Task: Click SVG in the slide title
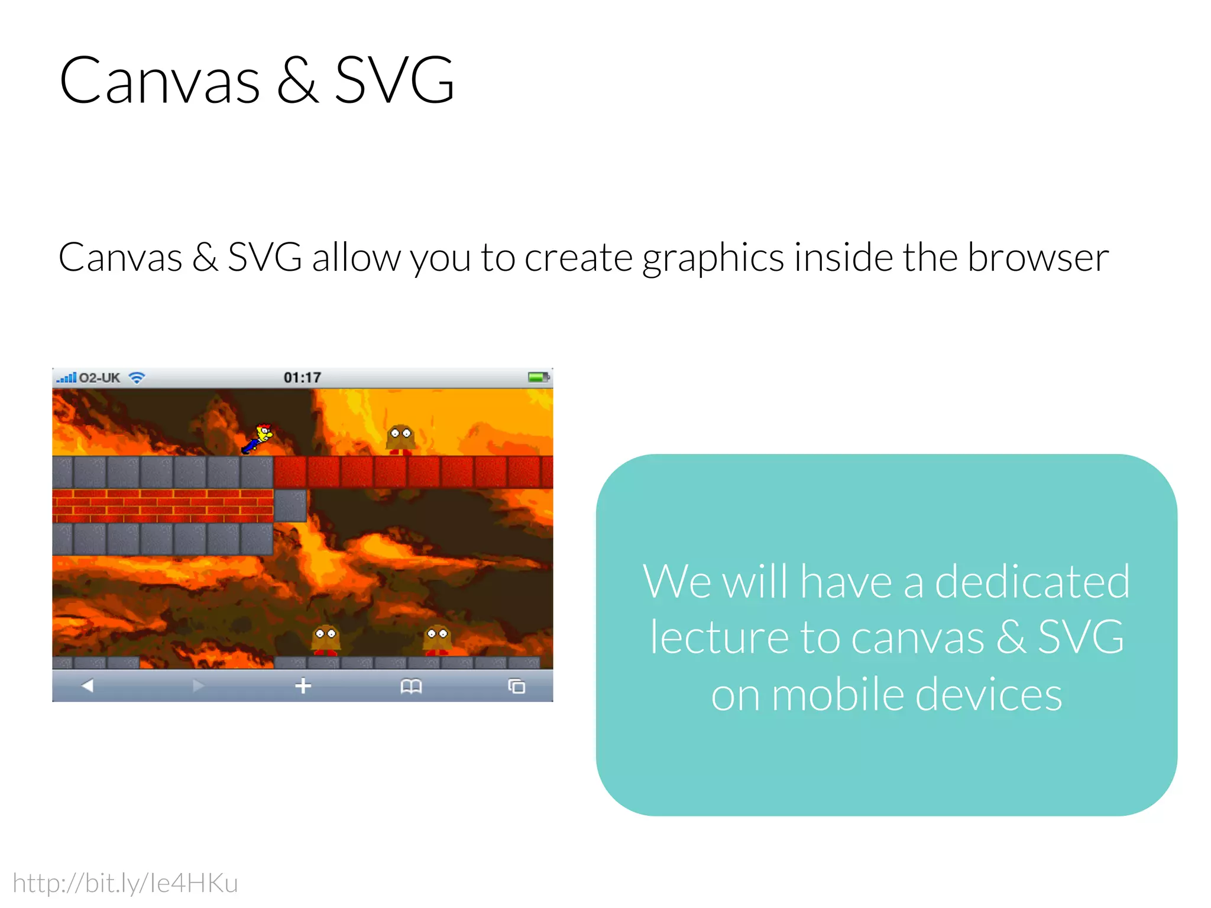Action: coord(394,81)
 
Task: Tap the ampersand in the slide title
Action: coord(297,81)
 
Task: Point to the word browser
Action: coord(1038,258)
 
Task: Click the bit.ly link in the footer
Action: coord(125,883)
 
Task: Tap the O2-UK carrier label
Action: coord(99,378)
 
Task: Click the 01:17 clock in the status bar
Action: coord(302,378)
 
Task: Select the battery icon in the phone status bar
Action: coord(538,377)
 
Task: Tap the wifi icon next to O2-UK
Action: coord(137,378)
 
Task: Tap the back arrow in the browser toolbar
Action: coord(88,686)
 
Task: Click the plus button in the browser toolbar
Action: coord(303,686)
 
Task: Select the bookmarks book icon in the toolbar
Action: coord(411,686)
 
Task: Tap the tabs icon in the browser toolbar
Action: coord(517,686)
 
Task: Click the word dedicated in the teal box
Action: coord(1032,582)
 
